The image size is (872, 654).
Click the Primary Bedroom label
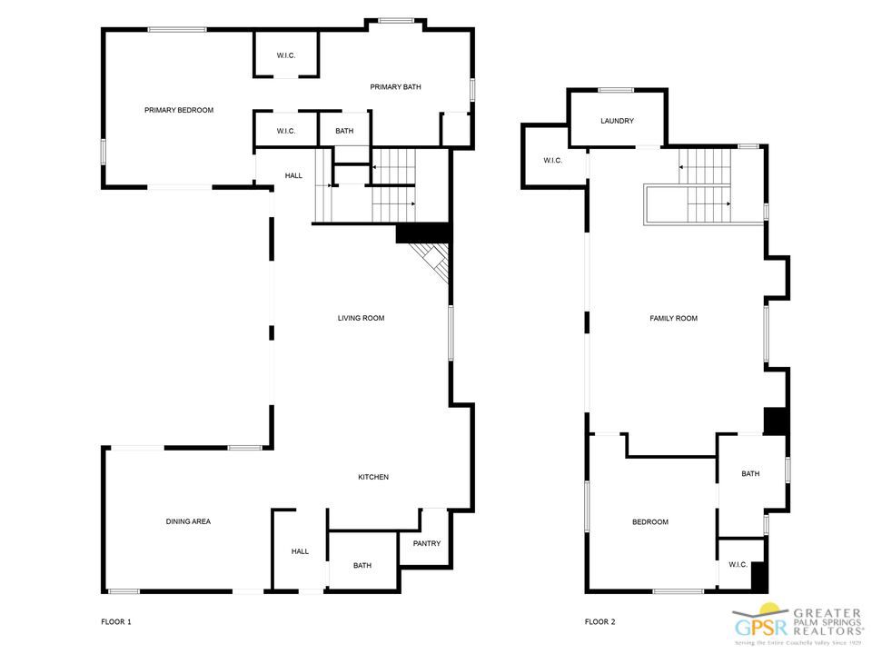(x=179, y=110)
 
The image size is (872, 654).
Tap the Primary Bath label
(x=395, y=87)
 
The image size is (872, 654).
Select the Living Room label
(x=361, y=318)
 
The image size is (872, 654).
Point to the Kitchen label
(x=373, y=477)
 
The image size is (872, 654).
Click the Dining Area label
(x=188, y=521)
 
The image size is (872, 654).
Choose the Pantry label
(x=426, y=544)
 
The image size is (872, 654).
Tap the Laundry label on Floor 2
(x=617, y=121)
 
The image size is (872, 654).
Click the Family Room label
(x=673, y=318)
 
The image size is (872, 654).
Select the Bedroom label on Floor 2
(x=650, y=521)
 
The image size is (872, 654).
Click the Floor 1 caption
(x=116, y=622)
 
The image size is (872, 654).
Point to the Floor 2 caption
(x=599, y=622)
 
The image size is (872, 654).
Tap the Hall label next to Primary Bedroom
(x=293, y=175)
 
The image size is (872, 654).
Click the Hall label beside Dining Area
(x=300, y=551)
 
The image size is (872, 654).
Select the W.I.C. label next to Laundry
(x=552, y=161)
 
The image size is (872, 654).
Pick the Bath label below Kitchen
(x=362, y=566)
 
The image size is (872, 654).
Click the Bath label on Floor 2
(x=750, y=473)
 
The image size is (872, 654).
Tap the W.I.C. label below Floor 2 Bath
(x=738, y=564)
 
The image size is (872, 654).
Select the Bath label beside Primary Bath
(x=344, y=131)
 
